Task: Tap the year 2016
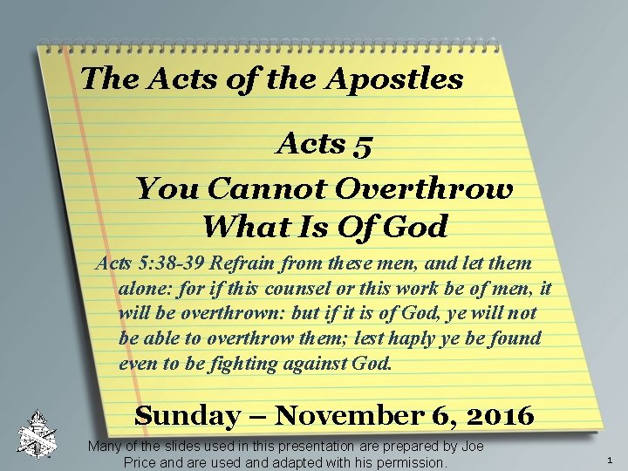click(x=498, y=416)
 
